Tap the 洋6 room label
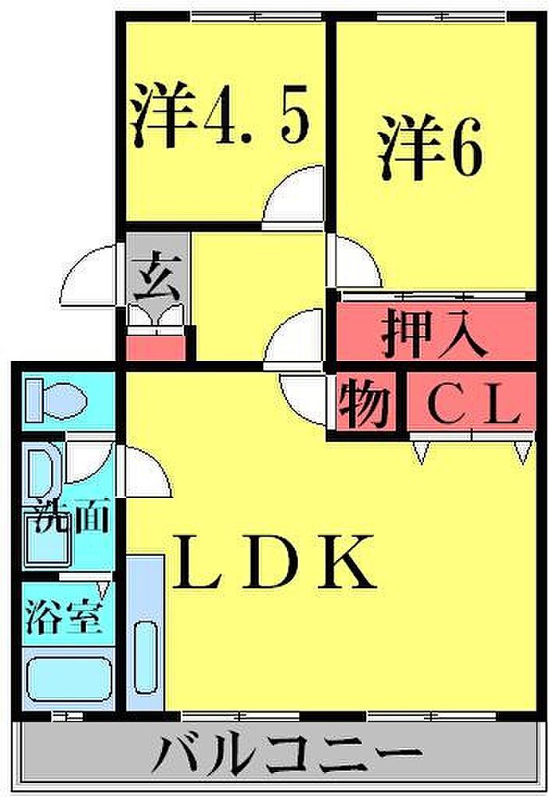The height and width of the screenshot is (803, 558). tap(430, 147)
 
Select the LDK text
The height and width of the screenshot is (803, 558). tap(273, 562)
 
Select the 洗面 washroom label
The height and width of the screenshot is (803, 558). tap(71, 519)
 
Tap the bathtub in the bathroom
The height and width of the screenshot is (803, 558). tap(69, 680)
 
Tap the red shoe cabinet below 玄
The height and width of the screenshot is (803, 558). tap(155, 347)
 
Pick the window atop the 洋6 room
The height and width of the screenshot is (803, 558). tap(442, 18)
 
